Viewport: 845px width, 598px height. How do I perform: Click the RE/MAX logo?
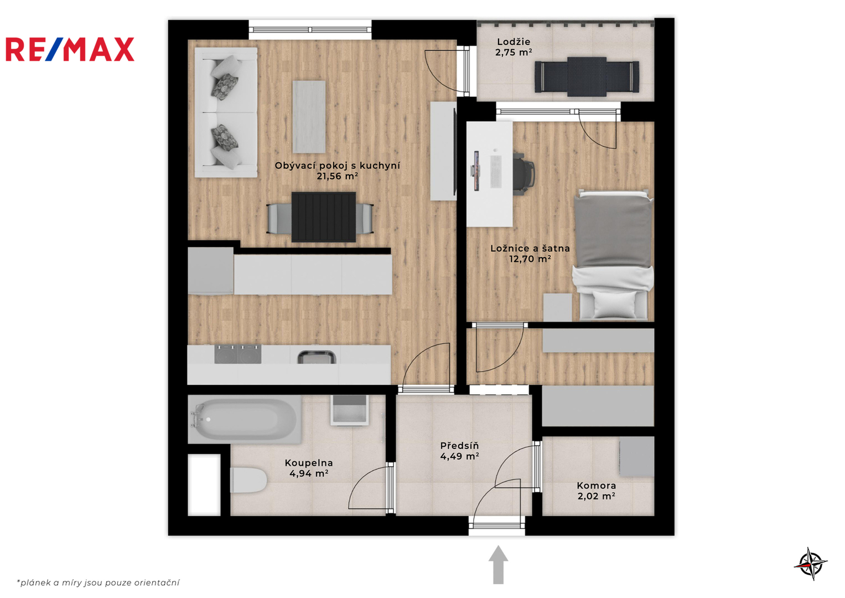(x=70, y=49)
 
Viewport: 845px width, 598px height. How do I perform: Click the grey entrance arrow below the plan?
(x=499, y=565)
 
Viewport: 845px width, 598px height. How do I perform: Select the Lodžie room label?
(x=514, y=42)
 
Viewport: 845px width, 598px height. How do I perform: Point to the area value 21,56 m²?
(x=337, y=176)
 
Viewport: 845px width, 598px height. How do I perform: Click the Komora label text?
(x=596, y=486)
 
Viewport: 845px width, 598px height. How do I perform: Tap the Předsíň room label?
(x=459, y=446)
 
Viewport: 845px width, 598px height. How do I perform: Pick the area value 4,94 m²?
(x=309, y=473)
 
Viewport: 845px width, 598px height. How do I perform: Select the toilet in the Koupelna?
(x=248, y=480)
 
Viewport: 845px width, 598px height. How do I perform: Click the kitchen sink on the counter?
(x=317, y=357)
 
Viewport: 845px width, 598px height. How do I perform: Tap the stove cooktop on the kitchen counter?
(x=237, y=354)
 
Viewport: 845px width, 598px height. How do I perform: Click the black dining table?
(x=324, y=217)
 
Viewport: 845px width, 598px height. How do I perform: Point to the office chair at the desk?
(x=523, y=174)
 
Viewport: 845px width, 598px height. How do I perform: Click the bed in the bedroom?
(x=613, y=255)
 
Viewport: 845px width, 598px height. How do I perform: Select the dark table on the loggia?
(x=587, y=76)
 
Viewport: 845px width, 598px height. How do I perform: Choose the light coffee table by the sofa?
(x=309, y=117)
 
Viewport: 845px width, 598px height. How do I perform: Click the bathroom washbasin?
(x=349, y=410)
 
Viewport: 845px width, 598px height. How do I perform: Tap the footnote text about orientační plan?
(x=98, y=582)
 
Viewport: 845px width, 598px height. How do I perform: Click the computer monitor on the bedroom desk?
(x=476, y=171)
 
